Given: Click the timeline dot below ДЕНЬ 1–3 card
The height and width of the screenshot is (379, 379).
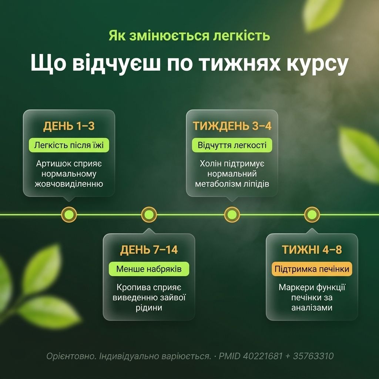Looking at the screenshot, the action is [x=69, y=214].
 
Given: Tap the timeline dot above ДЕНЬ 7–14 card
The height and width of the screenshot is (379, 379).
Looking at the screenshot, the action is [x=149, y=214].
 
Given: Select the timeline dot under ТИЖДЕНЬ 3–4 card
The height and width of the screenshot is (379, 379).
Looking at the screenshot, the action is [x=232, y=214].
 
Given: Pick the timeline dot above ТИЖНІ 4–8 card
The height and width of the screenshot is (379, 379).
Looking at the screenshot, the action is [x=312, y=214].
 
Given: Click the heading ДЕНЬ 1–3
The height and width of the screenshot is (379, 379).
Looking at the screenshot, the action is [x=69, y=126].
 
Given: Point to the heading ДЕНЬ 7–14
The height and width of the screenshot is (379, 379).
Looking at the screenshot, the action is [x=149, y=250].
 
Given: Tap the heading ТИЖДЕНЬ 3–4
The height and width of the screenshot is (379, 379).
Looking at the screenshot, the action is [x=232, y=126].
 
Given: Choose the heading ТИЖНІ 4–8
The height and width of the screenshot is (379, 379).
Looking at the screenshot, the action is [x=312, y=250].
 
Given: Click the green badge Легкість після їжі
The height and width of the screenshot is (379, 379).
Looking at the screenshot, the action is [x=69, y=145].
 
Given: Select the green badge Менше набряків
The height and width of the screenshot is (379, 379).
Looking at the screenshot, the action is [x=149, y=269].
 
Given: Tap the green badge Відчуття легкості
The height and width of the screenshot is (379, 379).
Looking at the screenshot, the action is [x=232, y=145].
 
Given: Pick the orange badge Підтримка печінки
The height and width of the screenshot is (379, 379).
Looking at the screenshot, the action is [x=312, y=269].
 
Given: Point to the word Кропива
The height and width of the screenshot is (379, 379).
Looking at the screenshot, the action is [x=132, y=287].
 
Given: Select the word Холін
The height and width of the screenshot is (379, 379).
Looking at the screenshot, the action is [x=211, y=164].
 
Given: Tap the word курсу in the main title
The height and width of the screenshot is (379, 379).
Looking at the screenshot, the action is [x=317, y=64].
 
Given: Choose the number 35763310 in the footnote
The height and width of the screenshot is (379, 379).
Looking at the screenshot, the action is [x=313, y=356].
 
